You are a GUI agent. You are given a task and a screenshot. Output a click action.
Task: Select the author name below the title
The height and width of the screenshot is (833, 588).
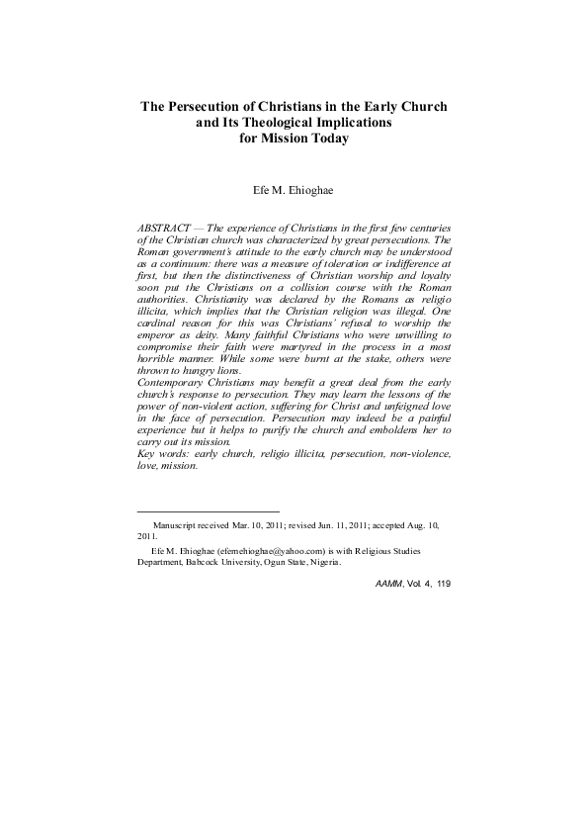[294, 188]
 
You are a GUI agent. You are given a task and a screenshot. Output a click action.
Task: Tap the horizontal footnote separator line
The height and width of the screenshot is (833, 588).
[195, 511]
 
